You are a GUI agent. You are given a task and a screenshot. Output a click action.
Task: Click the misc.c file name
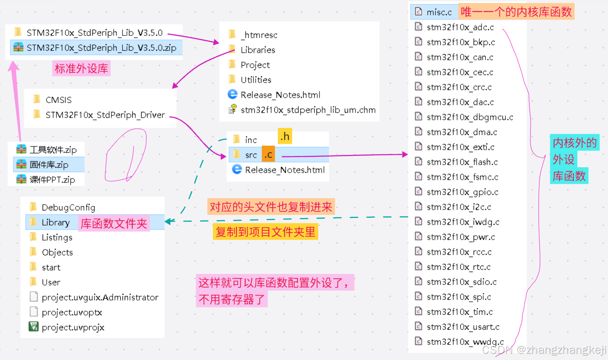(x=439, y=12)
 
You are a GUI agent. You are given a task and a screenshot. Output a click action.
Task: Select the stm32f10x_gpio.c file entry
(x=462, y=192)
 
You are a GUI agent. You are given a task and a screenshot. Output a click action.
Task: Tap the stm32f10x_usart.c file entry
(x=463, y=327)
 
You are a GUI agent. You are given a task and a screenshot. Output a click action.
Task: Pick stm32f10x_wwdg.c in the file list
(x=465, y=342)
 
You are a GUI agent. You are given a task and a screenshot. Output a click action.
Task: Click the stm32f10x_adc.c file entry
(x=460, y=27)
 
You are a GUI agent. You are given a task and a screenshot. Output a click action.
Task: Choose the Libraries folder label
(x=258, y=50)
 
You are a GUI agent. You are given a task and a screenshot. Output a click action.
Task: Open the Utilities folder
(x=256, y=80)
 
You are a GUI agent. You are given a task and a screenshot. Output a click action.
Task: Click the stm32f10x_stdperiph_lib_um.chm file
(x=308, y=110)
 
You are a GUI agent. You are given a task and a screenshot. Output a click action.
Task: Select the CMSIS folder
(x=58, y=100)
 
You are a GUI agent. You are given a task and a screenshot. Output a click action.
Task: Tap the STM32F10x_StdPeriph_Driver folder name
(x=105, y=115)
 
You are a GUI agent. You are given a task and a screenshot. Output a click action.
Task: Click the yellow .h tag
(x=285, y=136)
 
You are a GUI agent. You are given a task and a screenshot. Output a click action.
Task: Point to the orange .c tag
(x=268, y=154)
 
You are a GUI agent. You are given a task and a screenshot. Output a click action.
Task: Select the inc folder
(x=251, y=140)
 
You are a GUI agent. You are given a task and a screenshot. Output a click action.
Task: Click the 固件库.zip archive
(x=49, y=165)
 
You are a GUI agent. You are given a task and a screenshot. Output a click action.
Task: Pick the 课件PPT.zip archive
(x=52, y=180)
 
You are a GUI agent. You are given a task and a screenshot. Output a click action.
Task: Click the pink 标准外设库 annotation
(x=81, y=68)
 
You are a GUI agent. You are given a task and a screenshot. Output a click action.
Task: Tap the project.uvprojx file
(x=73, y=328)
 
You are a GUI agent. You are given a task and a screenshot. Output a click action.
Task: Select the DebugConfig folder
(x=68, y=207)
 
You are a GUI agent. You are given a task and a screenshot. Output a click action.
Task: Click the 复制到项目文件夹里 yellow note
(x=265, y=232)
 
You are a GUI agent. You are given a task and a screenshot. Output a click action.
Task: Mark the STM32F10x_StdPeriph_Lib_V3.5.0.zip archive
(x=101, y=48)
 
